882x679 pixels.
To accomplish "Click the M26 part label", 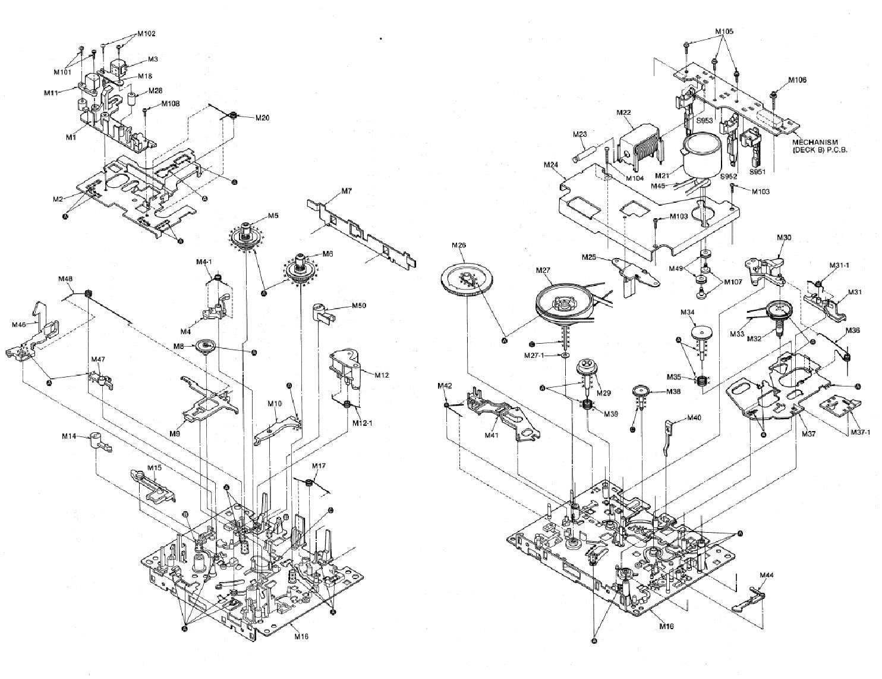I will click(x=458, y=245).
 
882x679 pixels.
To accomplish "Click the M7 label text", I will click(x=347, y=191).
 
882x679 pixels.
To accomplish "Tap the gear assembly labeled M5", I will click(x=245, y=236).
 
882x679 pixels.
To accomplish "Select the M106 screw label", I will click(x=797, y=80).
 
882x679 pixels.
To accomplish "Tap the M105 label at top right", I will click(x=723, y=32).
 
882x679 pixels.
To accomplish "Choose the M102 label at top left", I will click(x=146, y=34).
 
